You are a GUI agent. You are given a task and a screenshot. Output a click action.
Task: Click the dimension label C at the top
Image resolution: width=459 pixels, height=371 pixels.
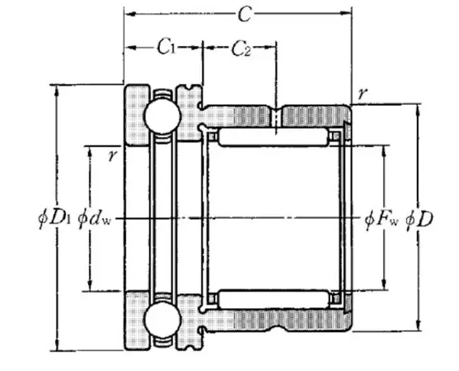point(245,14)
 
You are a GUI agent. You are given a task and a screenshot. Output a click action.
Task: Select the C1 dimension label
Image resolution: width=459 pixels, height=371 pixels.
point(167,47)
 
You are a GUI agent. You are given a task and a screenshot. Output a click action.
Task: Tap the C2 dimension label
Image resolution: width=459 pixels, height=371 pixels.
point(241,48)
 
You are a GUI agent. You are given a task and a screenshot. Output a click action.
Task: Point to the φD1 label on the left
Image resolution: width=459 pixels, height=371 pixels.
point(55,220)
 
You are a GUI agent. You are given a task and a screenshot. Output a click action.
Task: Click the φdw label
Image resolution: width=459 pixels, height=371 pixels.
point(95,220)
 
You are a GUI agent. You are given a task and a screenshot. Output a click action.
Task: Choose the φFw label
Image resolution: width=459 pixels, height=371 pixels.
point(382,220)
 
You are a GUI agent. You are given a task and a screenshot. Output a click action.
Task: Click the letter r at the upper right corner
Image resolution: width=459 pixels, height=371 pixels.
point(362,93)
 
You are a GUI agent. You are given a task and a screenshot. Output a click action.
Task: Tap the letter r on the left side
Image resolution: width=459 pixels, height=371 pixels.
point(112,155)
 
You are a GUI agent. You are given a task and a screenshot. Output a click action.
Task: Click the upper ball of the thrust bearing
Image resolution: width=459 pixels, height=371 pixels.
point(162,116)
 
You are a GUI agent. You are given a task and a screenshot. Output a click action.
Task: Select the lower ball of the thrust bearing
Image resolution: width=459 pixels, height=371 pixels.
point(162,320)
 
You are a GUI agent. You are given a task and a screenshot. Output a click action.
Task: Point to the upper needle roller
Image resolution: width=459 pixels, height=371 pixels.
point(273,137)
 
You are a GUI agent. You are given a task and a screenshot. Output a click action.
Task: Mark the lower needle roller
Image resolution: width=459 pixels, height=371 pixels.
point(273,299)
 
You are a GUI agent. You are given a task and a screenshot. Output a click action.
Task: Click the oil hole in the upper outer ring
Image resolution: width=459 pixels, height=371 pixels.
point(275,116)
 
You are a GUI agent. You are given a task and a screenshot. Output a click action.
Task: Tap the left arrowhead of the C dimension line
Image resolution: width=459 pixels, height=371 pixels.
point(129,14)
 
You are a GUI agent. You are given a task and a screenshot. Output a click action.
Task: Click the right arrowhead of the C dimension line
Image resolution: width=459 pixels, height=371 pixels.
point(346,13)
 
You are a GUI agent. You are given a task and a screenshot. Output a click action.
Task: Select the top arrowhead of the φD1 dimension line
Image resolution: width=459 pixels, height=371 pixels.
point(57,90)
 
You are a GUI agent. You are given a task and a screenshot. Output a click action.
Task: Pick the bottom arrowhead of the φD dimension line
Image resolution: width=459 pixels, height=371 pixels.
point(418,325)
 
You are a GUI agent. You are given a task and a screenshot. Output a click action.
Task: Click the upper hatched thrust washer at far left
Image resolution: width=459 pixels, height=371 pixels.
point(137,115)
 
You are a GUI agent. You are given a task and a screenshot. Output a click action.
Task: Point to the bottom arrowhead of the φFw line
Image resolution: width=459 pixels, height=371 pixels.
point(384,285)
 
